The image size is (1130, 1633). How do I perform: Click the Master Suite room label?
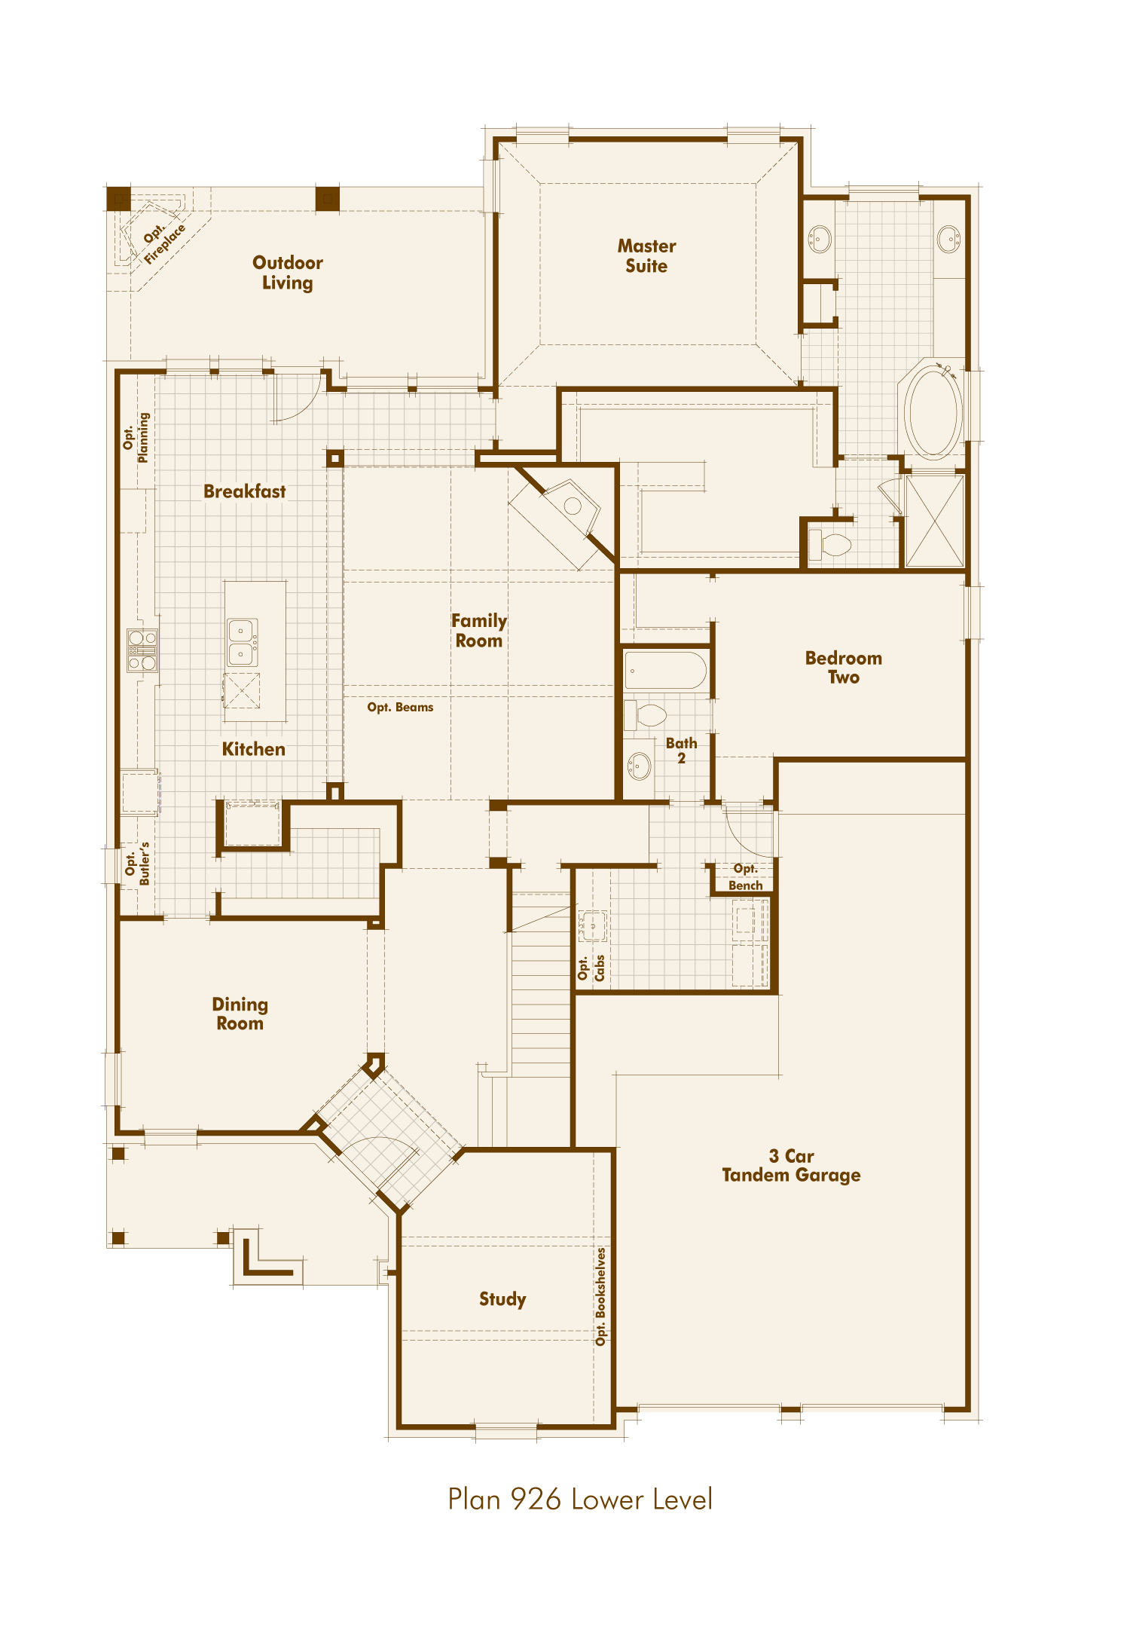pyautogui.click(x=646, y=255)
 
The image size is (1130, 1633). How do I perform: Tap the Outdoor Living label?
pyautogui.click(x=287, y=273)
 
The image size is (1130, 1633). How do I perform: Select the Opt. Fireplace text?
pyautogui.click(x=163, y=240)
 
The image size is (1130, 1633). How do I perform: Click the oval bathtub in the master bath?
pyautogui.click(x=933, y=411)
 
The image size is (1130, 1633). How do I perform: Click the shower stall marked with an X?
pyautogui.click(x=934, y=521)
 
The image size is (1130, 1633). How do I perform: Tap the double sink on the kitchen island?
pyautogui.click(x=242, y=642)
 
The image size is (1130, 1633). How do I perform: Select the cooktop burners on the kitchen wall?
pyautogui.click(x=142, y=650)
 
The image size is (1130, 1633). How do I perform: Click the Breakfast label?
pyautogui.click(x=244, y=491)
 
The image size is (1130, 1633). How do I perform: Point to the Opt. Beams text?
pyautogui.click(x=400, y=707)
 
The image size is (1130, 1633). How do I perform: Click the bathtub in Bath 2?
pyautogui.click(x=664, y=671)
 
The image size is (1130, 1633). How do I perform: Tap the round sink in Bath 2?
pyautogui.click(x=639, y=766)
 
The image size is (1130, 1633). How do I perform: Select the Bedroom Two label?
pyautogui.click(x=843, y=667)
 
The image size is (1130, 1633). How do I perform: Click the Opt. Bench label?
pyautogui.click(x=745, y=877)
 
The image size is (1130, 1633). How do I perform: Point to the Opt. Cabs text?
pyautogui.click(x=591, y=968)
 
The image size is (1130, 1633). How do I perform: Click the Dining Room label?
pyautogui.click(x=240, y=1014)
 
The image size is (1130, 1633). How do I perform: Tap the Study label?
pyautogui.click(x=502, y=1298)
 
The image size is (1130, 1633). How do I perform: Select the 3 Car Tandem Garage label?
pyautogui.click(x=791, y=1165)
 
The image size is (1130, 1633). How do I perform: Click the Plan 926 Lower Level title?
pyautogui.click(x=579, y=1500)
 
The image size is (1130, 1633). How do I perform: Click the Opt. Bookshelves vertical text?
pyautogui.click(x=600, y=1296)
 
